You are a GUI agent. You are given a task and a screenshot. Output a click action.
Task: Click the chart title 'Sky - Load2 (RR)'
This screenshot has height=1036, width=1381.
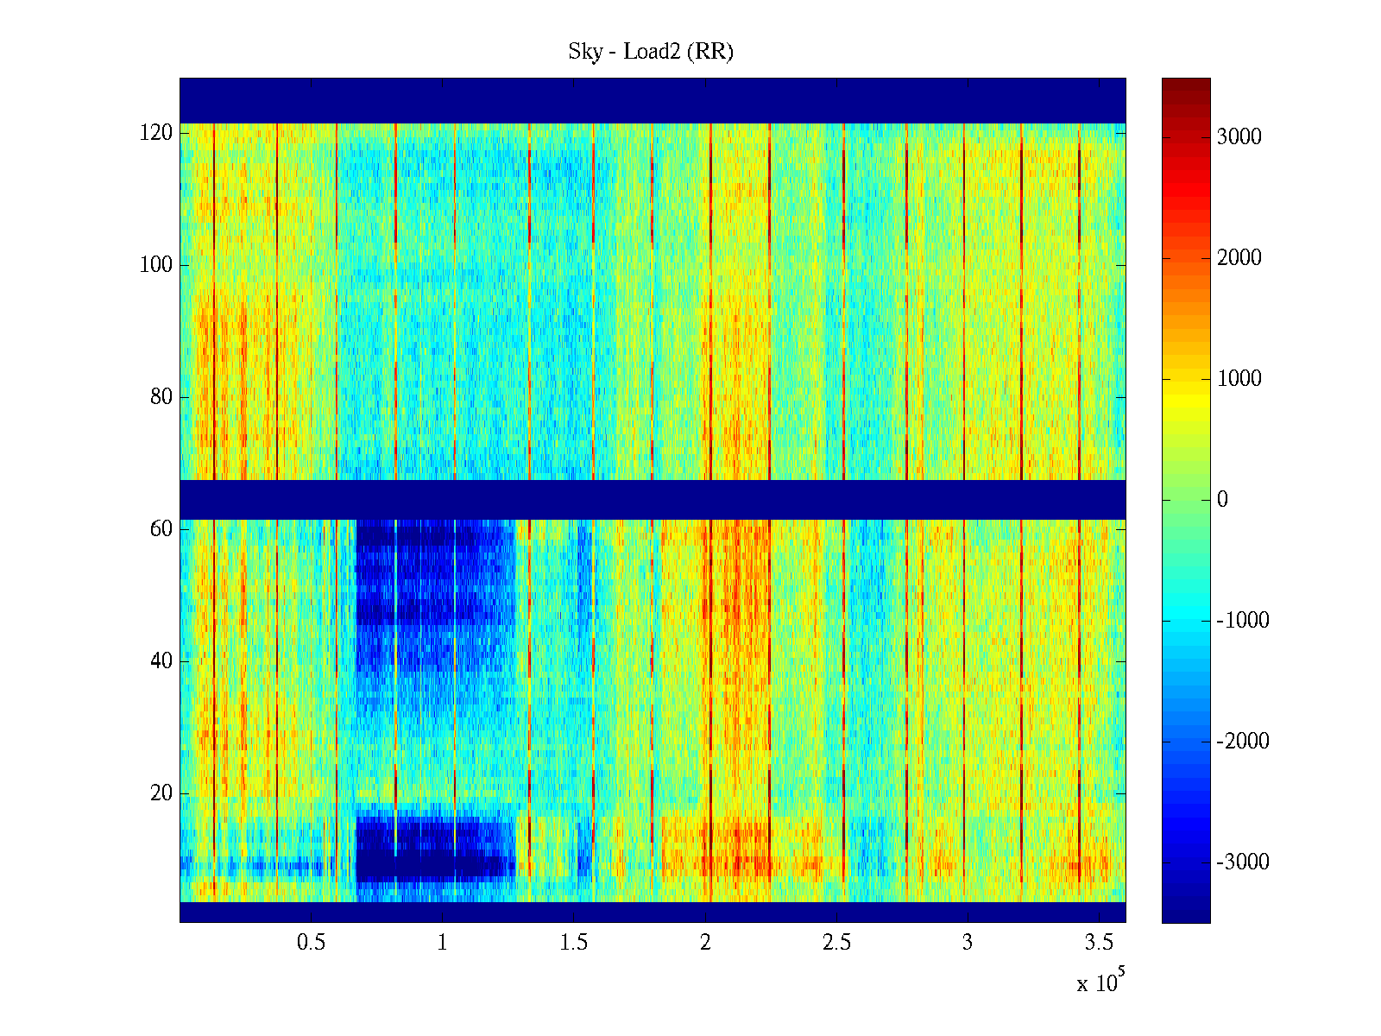tap(650, 52)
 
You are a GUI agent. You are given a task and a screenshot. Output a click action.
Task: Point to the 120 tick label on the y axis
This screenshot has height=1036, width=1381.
tap(155, 133)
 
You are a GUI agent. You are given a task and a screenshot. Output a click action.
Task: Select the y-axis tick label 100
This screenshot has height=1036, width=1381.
tap(155, 265)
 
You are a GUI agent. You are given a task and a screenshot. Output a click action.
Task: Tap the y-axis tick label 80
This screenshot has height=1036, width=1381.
tap(161, 397)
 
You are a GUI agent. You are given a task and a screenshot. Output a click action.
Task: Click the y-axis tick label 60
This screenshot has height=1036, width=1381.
tap(161, 529)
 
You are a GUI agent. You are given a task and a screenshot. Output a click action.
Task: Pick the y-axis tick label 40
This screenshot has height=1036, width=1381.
tap(161, 661)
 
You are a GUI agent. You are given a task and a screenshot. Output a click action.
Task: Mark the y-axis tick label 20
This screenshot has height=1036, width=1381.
tap(161, 793)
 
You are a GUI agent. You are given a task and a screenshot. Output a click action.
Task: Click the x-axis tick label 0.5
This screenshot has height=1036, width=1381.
tap(311, 943)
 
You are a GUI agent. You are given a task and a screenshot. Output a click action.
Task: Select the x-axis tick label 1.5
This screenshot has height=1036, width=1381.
tap(573, 943)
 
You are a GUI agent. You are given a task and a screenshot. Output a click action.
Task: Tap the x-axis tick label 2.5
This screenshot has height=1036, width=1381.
tap(836, 943)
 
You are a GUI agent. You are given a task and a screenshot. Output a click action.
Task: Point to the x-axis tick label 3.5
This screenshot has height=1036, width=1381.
tap(1098, 943)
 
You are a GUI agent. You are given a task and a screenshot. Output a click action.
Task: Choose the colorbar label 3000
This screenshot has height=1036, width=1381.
tap(1239, 137)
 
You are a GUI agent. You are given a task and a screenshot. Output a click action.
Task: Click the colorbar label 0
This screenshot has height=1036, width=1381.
tap(1221, 500)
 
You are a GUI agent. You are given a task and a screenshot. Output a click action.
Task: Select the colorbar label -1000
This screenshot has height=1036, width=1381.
tap(1242, 621)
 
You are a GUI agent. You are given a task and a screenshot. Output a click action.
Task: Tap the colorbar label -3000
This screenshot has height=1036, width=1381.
tap(1242, 862)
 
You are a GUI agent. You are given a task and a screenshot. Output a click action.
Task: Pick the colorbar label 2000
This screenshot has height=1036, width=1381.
tap(1239, 258)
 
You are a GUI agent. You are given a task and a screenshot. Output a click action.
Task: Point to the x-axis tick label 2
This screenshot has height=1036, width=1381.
tap(705, 943)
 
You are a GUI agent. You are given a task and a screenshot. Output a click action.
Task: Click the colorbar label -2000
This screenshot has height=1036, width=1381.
tap(1242, 742)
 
